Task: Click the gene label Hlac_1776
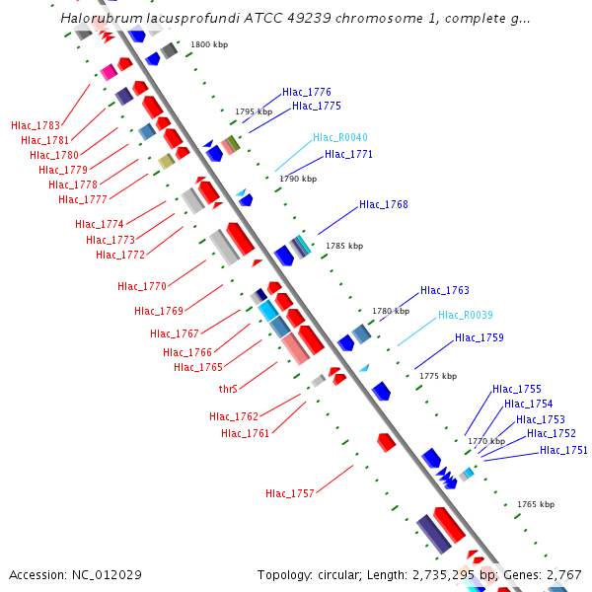pyautogui.click(x=306, y=92)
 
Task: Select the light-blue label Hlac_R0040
pyautogui.click(x=339, y=137)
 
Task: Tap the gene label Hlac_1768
pyautogui.click(x=383, y=205)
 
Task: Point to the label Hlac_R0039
pyautogui.click(x=465, y=315)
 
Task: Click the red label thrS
pyautogui.click(x=228, y=389)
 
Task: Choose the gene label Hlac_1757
pyautogui.click(x=289, y=493)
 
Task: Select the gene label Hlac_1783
pyautogui.click(x=36, y=125)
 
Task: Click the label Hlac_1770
pyautogui.click(x=142, y=287)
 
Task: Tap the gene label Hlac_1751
pyautogui.click(x=563, y=451)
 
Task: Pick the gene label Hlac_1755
pyautogui.click(x=516, y=390)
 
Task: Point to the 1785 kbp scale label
pyautogui.click(x=344, y=246)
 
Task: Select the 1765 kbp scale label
pyautogui.click(x=536, y=504)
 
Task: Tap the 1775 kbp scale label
pyautogui.click(x=438, y=376)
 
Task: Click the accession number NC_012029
pyautogui.click(x=108, y=574)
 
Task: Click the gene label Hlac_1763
pyautogui.click(x=444, y=291)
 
